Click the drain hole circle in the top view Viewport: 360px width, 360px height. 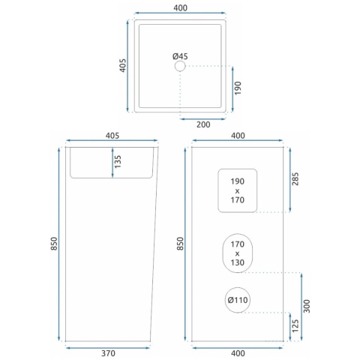pos(180,61)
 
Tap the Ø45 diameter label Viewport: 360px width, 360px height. pos(180,56)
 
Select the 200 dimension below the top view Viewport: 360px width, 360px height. pos(203,124)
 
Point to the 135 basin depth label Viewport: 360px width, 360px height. pos(118,161)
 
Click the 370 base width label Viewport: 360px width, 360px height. pos(108,353)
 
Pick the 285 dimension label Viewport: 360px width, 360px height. pos(295,178)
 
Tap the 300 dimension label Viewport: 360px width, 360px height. pos(307,306)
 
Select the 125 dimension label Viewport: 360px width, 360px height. pos(295,325)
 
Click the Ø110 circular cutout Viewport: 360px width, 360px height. pos(238,288)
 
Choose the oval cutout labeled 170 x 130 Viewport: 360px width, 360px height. pos(238,234)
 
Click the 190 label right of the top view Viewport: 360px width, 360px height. pos(238,88)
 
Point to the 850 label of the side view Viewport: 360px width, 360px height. pos(54,244)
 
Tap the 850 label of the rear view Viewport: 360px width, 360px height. pos(180,244)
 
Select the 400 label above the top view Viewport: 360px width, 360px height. pos(180,8)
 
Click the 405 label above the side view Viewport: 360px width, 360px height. pos(112,136)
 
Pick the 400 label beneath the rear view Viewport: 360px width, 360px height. pos(238,353)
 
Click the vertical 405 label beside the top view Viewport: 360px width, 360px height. pos(122,65)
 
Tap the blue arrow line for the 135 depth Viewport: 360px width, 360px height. pos(112,163)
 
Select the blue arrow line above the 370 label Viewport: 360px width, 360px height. pos(108,347)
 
